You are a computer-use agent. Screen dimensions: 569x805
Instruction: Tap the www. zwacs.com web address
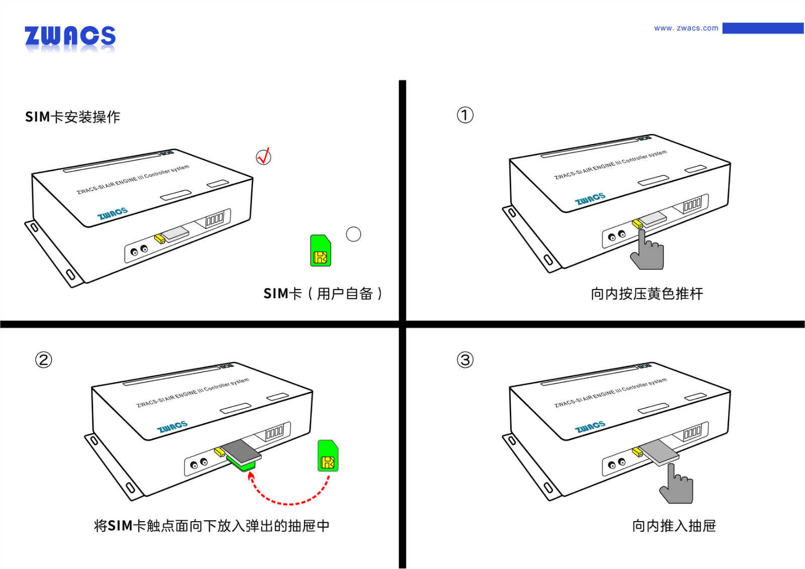pyautogui.click(x=686, y=28)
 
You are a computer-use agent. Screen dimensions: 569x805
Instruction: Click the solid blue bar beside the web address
pyautogui.click(x=763, y=28)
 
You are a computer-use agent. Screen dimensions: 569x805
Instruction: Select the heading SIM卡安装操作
pyautogui.click(x=73, y=117)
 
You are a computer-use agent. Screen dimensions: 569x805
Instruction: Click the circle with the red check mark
pyautogui.click(x=264, y=157)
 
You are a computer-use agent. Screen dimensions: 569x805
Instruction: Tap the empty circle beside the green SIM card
pyautogui.click(x=354, y=234)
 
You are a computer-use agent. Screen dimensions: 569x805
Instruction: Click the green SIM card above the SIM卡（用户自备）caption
pyautogui.click(x=320, y=251)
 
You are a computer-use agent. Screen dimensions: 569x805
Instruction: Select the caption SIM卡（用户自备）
pyautogui.click(x=323, y=294)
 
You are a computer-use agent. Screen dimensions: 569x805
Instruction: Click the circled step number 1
pyautogui.click(x=465, y=115)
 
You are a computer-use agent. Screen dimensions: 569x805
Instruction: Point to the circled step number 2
pyautogui.click(x=44, y=360)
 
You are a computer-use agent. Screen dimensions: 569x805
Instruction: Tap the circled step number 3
pyautogui.click(x=465, y=360)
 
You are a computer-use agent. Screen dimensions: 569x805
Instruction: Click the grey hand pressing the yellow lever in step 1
pyautogui.click(x=649, y=252)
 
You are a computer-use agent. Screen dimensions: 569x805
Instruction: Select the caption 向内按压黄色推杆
pyautogui.click(x=647, y=294)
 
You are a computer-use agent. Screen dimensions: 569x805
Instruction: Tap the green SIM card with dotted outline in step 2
pyautogui.click(x=328, y=456)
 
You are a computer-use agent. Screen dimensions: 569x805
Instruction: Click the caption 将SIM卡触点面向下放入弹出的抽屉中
pyautogui.click(x=212, y=526)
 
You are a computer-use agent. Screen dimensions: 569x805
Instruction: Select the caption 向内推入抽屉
pyautogui.click(x=674, y=526)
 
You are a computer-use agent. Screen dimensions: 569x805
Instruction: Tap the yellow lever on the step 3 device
pyautogui.click(x=637, y=452)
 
